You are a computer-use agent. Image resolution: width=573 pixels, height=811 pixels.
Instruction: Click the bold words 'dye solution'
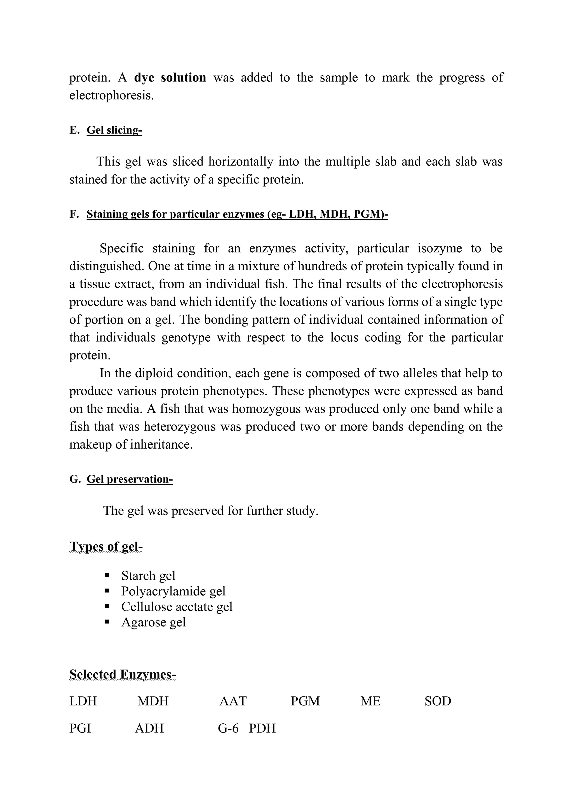[x=170, y=78]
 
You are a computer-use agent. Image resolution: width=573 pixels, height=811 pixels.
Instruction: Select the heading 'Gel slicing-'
[x=114, y=130]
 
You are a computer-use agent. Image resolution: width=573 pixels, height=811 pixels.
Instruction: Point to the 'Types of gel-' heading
[x=106, y=546]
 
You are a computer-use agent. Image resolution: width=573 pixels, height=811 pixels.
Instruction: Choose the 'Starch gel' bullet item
[x=148, y=576]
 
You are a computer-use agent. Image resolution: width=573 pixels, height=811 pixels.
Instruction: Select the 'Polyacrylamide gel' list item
[x=173, y=591]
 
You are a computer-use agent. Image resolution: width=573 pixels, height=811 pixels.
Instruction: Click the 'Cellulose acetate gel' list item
[x=177, y=607]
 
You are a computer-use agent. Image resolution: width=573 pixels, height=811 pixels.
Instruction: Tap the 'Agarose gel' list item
[x=154, y=622]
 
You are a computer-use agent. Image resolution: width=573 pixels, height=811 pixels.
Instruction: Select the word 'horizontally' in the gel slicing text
[x=241, y=162]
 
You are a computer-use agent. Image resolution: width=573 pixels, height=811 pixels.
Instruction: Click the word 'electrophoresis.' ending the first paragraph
[x=112, y=95]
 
